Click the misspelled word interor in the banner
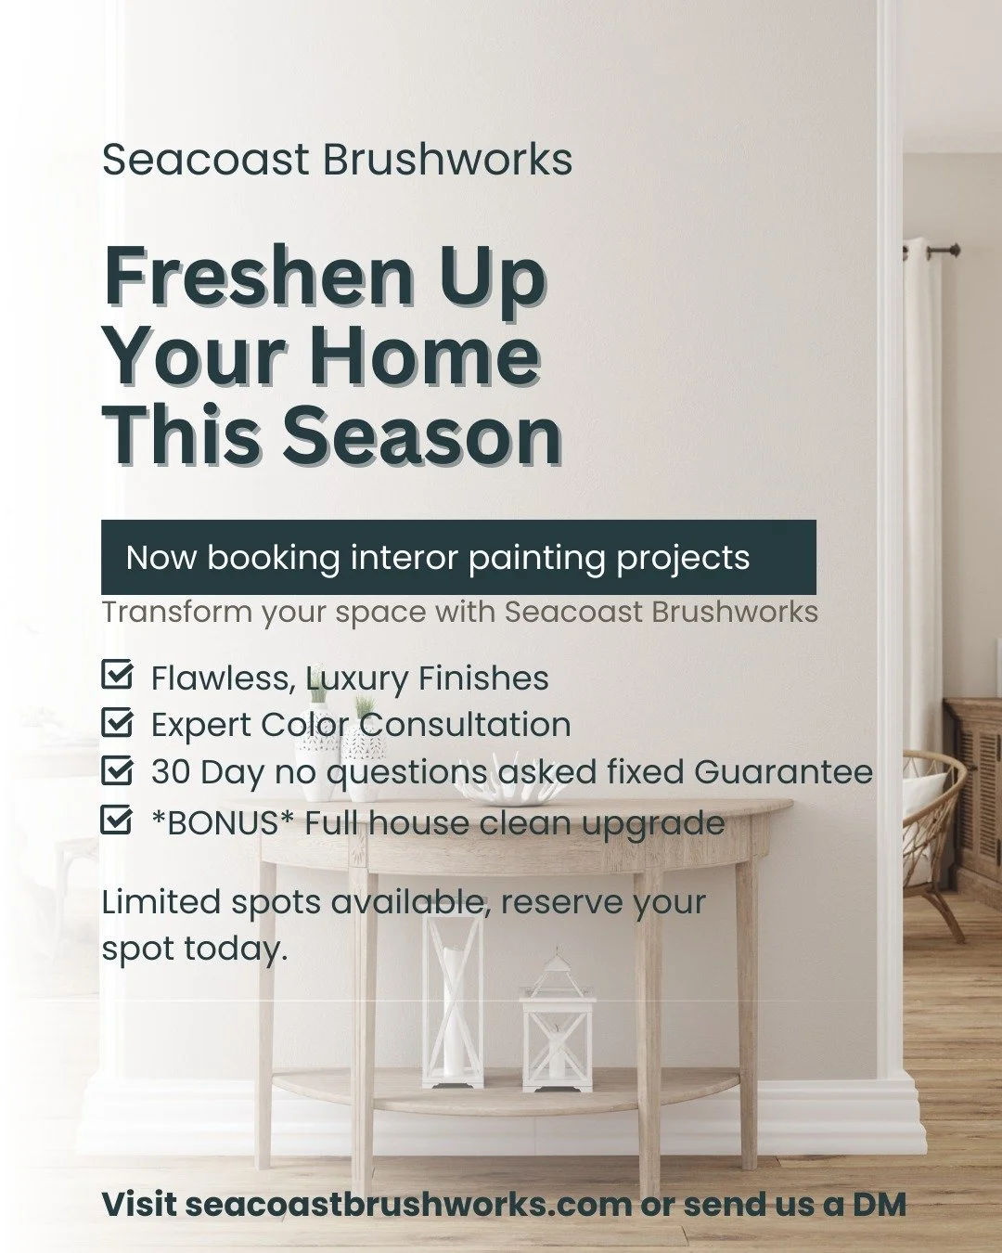point(404,558)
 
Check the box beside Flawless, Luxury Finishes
point(116,676)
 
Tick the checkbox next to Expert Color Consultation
point(116,722)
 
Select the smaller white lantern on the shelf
point(557,1021)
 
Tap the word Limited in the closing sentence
point(161,902)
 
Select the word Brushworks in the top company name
point(447,160)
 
